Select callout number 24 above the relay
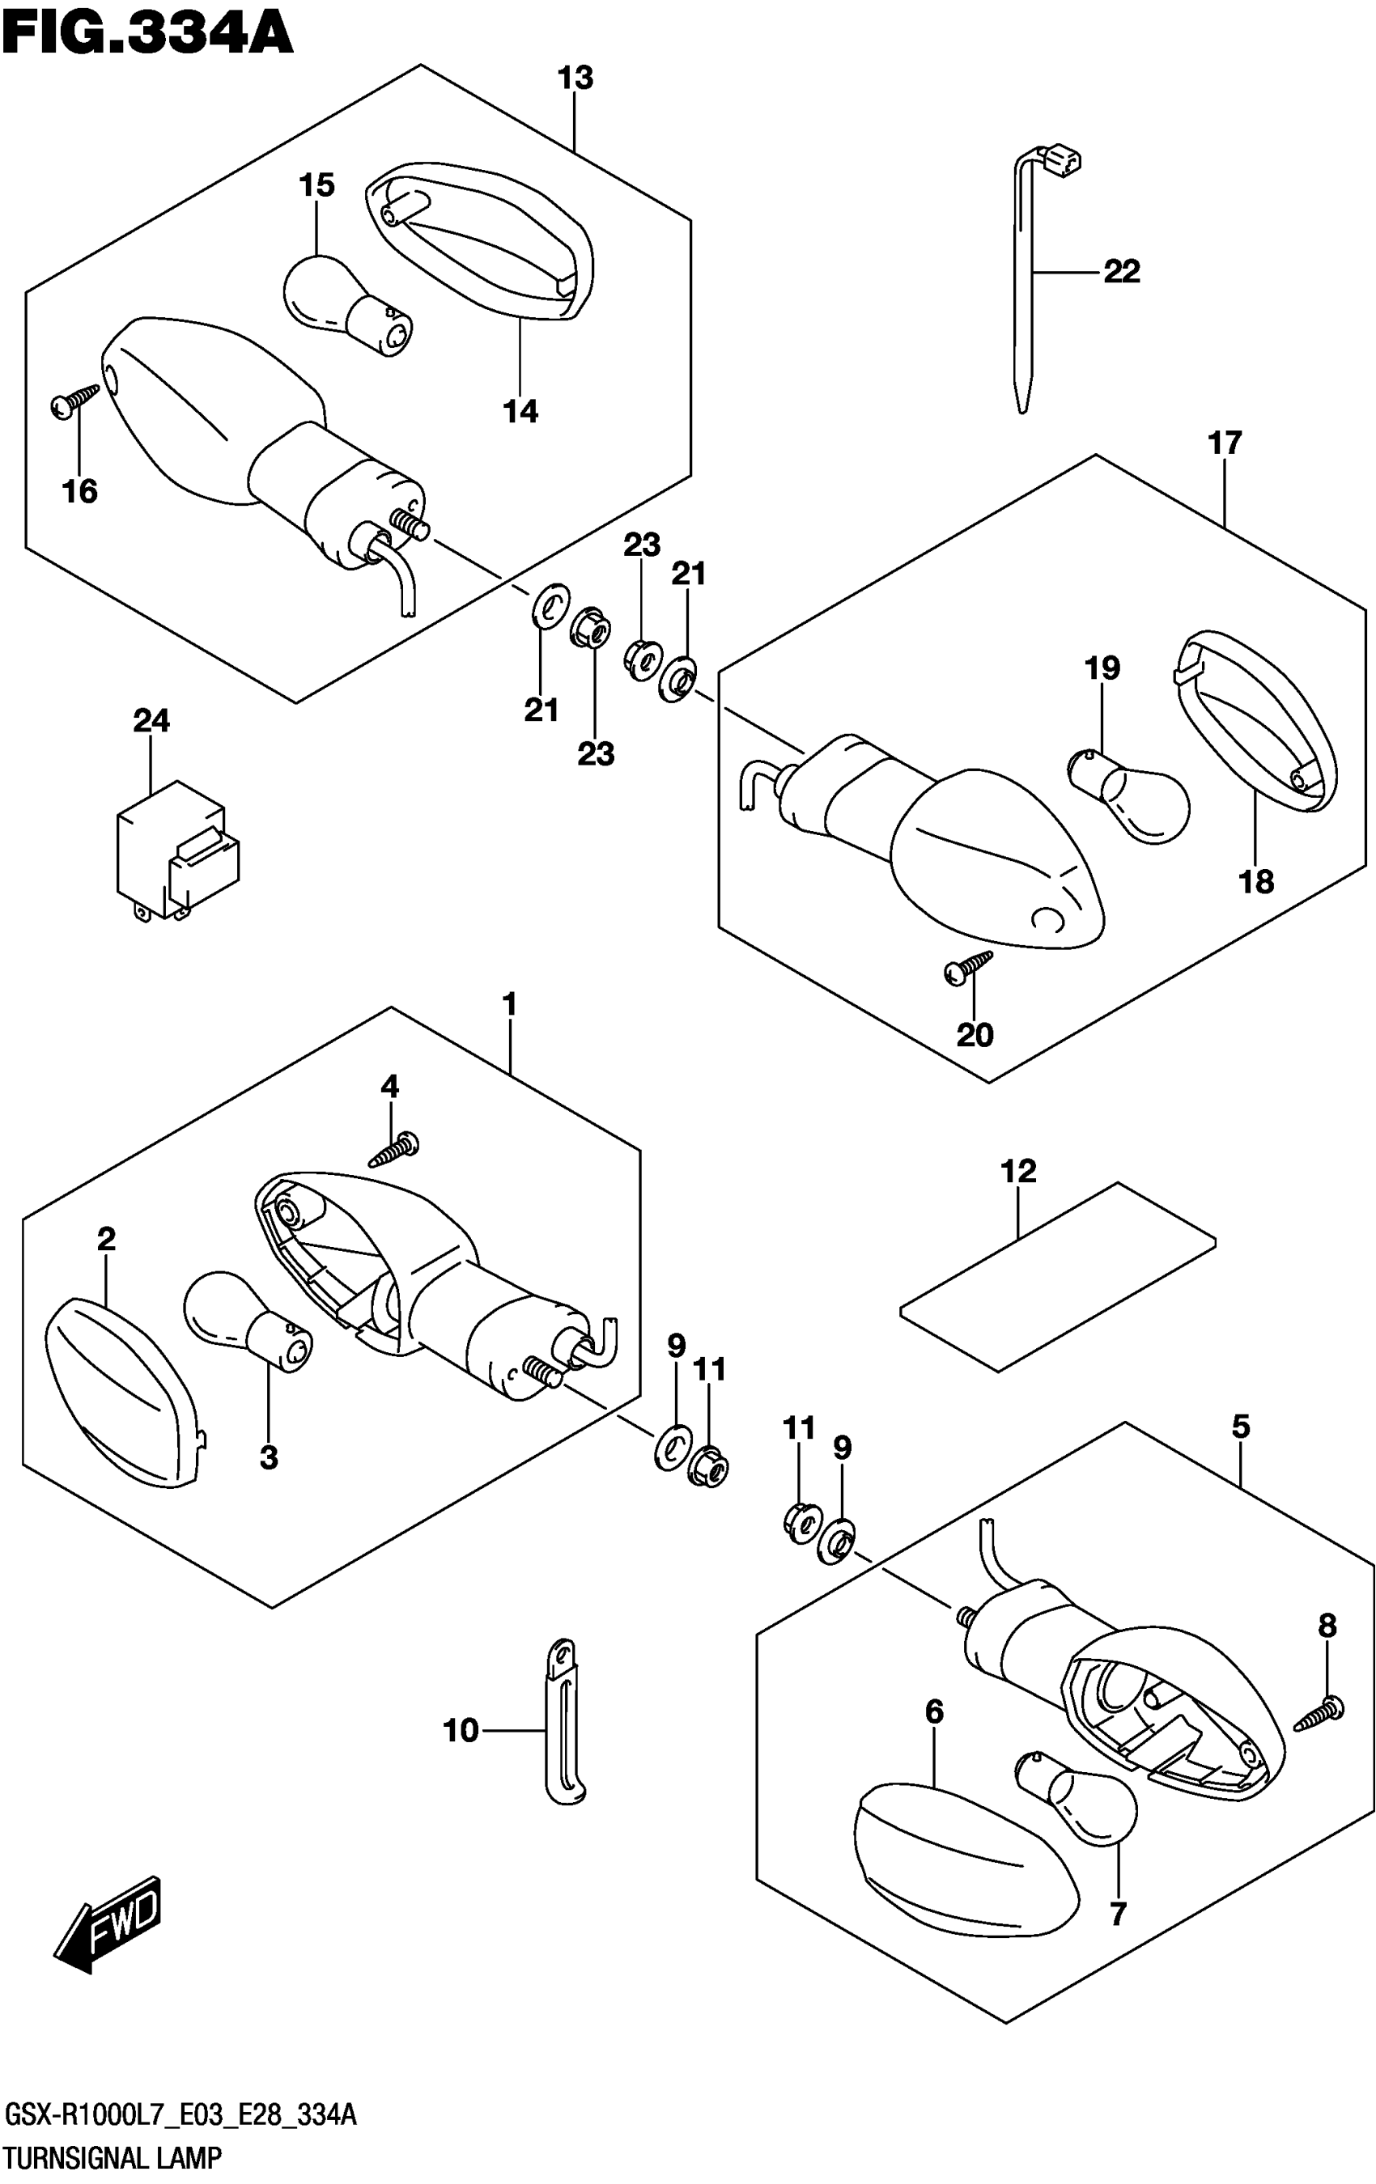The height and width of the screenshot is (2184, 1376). click(x=151, y=721)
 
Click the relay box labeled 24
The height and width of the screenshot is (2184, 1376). click(x=177, y=850)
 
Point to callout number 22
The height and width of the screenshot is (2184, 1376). click(x=1121, y=271)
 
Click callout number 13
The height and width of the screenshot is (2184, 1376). click(x=575, y=78)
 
